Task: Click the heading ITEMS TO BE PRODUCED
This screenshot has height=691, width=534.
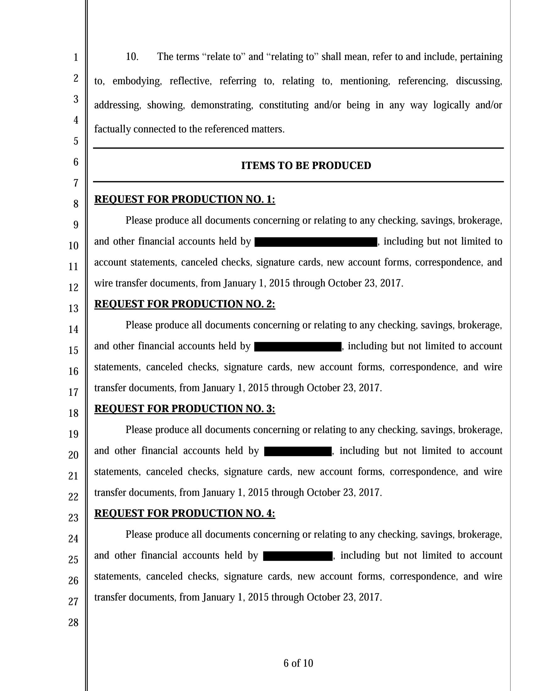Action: click(306, 166)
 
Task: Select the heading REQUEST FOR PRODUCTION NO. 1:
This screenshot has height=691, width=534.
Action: click(185, 199)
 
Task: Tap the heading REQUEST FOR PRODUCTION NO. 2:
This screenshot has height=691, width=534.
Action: click(185, 304)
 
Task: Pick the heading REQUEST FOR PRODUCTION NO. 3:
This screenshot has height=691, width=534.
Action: click(185, 408)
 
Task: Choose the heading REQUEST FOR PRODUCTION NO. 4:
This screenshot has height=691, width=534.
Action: click(185, 513)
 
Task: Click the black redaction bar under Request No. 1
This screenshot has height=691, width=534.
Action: click(316, 242)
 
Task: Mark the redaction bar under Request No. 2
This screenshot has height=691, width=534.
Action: click(298, 346)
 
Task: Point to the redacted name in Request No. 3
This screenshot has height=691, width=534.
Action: click(298, 451)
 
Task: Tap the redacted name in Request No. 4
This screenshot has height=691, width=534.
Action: click(297, 556)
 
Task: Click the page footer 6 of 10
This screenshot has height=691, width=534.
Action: click(298, 663)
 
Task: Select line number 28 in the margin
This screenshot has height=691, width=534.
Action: click(74, 623)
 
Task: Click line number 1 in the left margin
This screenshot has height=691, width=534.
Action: click(76, 57)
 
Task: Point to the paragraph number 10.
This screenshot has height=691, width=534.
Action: click(132, 57)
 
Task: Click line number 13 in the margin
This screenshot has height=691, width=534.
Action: click(74, 308)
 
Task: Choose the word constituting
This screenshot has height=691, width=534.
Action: click(284, 105)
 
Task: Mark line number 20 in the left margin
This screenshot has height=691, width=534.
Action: click(74, 455)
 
